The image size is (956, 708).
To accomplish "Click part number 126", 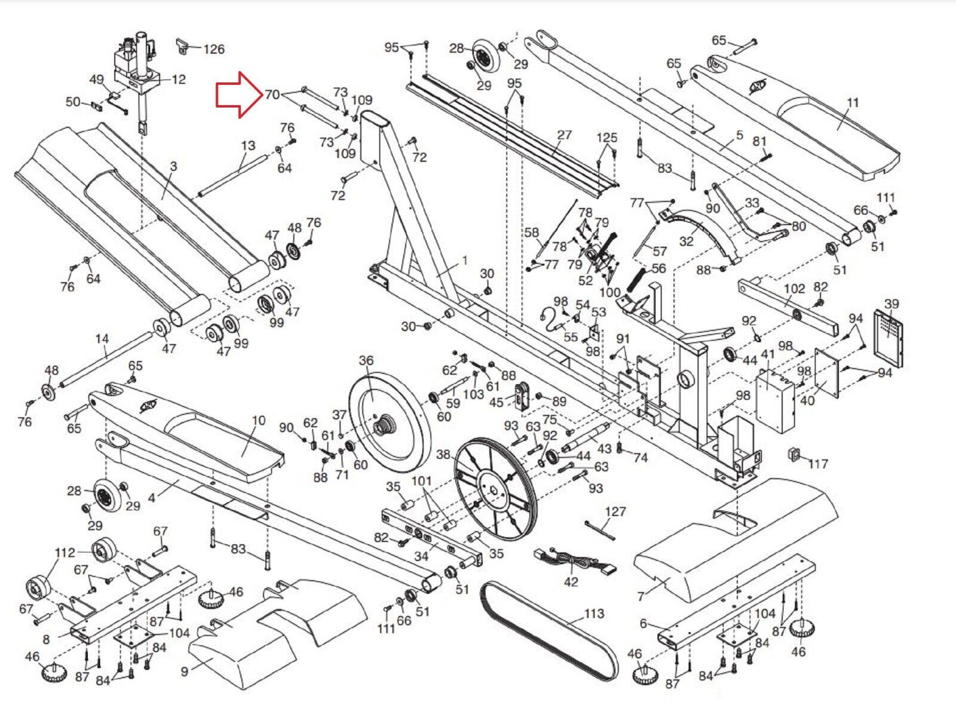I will (214, 49).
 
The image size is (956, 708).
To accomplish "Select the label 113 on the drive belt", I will (594, 614).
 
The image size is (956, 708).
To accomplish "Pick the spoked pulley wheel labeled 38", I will (495, 490).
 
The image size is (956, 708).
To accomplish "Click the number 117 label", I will (818, 463).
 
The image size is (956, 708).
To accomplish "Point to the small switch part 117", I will (795, 454).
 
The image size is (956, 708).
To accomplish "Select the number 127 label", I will (615, 511).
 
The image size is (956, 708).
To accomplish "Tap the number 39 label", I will (891, 304).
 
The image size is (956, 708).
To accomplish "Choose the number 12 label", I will (178, 79).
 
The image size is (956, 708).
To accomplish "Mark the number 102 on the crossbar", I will (794, 289).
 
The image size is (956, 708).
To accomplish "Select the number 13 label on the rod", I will (248, 145).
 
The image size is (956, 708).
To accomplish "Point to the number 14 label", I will (102, 339).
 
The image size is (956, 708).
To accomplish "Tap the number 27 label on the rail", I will (564, 135).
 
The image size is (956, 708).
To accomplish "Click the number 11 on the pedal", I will (853, 102).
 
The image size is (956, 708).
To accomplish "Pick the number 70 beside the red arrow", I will (272, 94).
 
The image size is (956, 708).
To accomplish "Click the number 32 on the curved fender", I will (687, 241).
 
